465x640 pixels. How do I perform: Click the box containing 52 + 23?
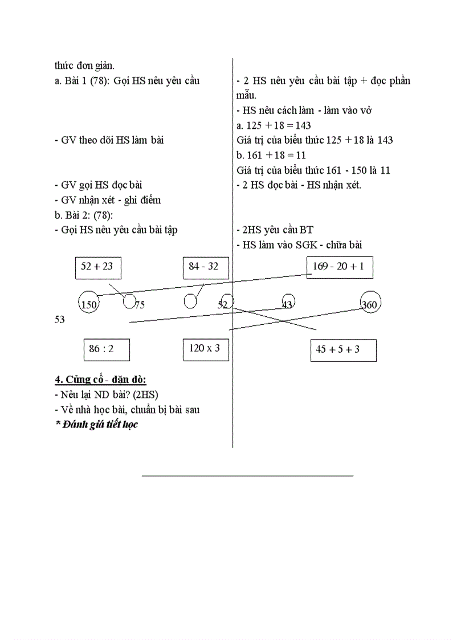coord(97,267)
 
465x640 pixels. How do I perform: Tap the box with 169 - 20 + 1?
coord(340,267)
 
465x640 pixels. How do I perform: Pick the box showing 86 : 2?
coord(106,349)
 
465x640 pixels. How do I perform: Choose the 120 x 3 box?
coord(206,349)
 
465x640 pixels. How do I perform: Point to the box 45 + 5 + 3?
coord(343,350)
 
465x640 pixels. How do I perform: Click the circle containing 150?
coord(89,304)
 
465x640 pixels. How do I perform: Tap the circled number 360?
coord(370,304)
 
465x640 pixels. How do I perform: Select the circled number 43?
coord(288,304)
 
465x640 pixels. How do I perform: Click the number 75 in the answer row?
coord(139,305)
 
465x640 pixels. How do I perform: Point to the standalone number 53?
coord(60,320)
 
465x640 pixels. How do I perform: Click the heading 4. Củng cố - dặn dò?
coord(101,380)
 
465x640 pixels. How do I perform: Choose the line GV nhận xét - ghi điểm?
coord(108,200)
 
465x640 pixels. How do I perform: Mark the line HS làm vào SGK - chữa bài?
coord(299,244)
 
